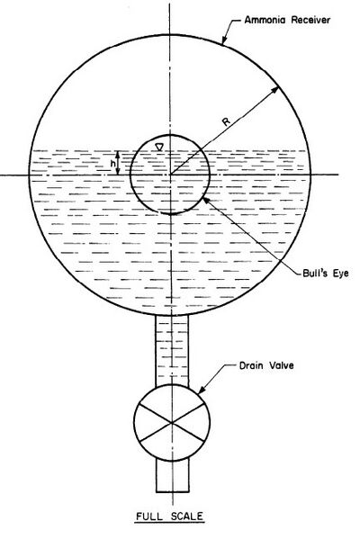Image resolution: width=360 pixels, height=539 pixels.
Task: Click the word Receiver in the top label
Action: (310, 20)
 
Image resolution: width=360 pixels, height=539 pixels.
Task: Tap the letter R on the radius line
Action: (227, 121)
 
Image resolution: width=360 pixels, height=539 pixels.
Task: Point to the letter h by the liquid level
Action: (112, 164)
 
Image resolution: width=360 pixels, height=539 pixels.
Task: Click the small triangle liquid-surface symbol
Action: (159, 148)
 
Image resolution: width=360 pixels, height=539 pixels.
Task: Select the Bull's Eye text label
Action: (325, 273)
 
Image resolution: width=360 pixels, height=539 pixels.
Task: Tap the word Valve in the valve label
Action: (281, 365)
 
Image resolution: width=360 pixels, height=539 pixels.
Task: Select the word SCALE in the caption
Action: (187, 517)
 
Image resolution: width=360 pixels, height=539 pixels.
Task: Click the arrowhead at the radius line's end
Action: (274, 90)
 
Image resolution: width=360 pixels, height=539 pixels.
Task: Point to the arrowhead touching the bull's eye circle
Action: (207, 201)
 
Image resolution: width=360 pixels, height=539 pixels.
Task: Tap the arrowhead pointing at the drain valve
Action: (201, 390)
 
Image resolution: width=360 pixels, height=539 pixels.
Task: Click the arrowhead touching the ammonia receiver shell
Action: (224, 40)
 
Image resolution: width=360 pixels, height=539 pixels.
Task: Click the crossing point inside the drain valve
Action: (171, 422)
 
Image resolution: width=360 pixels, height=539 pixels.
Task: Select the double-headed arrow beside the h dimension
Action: (118, 163)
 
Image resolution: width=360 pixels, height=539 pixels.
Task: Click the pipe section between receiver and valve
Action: (172, 350)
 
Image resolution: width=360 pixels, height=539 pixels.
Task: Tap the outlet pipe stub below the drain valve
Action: (172, 476)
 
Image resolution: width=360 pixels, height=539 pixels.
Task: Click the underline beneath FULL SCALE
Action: (169, 524)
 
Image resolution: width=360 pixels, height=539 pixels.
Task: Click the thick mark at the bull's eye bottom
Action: (171, 213)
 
